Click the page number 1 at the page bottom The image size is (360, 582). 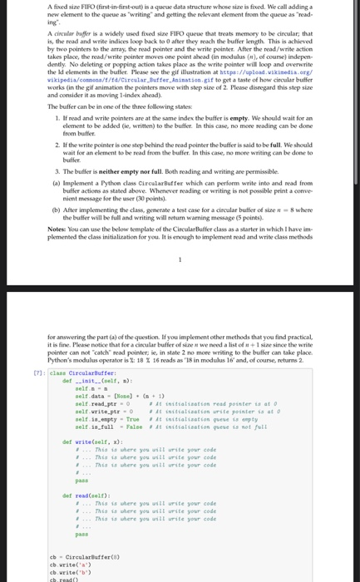coord(180,260)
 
